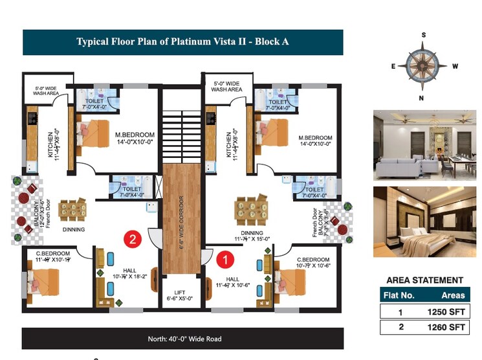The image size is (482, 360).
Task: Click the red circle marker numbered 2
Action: (133, 239)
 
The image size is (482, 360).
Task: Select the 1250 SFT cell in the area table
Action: (447, 311)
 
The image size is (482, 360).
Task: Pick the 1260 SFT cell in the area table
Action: (447, 328)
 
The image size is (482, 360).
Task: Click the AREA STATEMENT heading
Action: (424, 280)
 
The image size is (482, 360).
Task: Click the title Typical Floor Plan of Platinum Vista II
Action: (182, 42)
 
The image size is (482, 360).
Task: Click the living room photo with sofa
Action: (424, 145)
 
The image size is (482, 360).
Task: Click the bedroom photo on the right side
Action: (424, 221)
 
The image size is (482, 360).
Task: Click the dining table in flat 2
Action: (72, 210)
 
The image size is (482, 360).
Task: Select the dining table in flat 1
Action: (250, 210)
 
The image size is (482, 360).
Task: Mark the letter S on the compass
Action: (424, 35)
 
